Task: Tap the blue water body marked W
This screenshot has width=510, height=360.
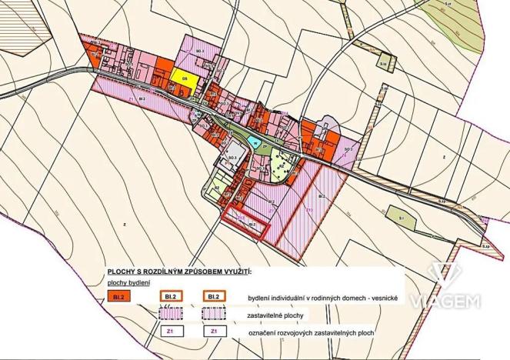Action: tap(253, 142)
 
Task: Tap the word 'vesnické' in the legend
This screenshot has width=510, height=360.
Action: tap(381, 297)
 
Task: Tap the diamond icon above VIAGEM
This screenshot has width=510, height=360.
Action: tap(445, 275)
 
